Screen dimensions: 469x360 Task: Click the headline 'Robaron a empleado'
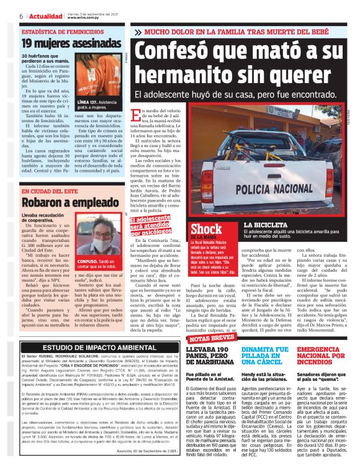62,202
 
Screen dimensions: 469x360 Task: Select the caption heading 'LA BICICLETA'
266,224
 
